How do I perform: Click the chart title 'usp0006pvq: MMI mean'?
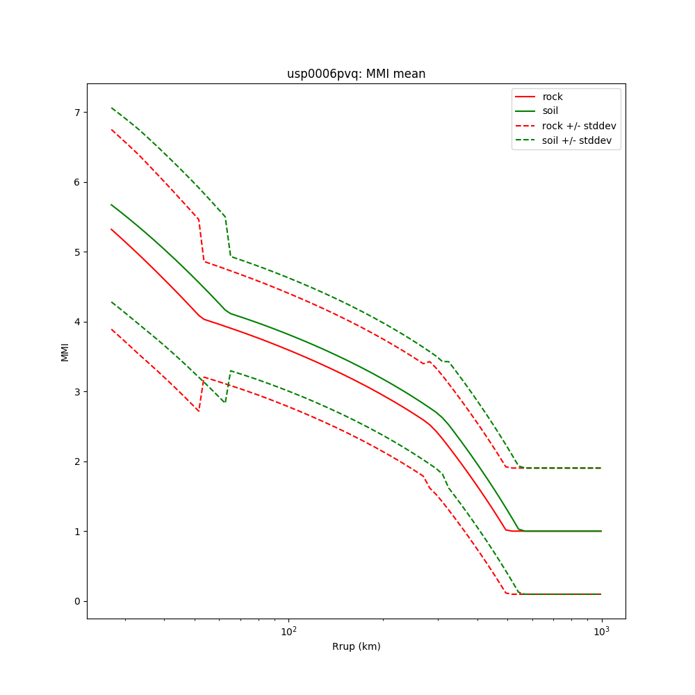point(356,74)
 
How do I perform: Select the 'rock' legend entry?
point(553,97)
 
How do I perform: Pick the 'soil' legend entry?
point(550,111)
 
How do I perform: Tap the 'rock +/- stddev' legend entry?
point(579,126)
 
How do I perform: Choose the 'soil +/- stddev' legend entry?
point(578,140)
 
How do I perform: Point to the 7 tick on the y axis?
point(78,113)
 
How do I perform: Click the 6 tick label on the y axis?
point(78,182)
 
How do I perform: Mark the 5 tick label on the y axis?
point(78,252)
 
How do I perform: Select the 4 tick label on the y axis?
point(78,322)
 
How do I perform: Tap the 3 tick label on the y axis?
point(78,392)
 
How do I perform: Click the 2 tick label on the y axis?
point(78,461)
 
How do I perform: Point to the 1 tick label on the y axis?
point(78,532)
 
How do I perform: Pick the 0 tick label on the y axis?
point(78,601)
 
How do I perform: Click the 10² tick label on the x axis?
point(288,630)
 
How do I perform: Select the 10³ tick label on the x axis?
point(601,630)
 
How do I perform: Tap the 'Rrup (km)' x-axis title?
point(356,646)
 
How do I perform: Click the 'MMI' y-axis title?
point(65,352)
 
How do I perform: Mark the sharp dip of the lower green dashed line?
point(224,402)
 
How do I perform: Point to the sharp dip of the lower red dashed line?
point(198,411)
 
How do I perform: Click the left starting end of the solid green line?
point(111,204)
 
